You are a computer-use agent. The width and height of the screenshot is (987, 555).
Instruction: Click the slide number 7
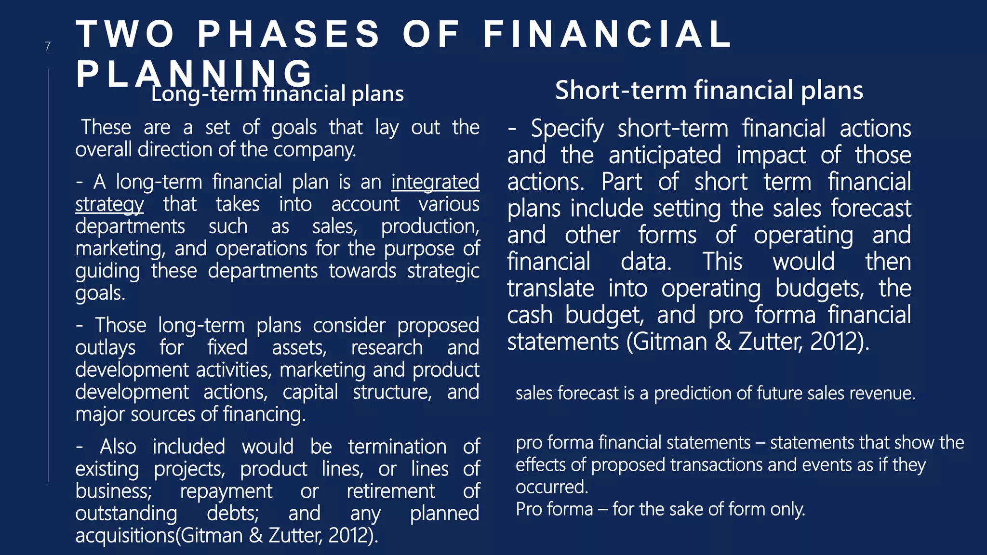48,46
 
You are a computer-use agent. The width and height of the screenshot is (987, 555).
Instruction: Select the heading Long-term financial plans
277,94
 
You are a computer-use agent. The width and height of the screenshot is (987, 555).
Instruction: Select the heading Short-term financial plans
709,90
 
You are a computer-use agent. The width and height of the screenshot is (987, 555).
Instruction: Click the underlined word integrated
435,182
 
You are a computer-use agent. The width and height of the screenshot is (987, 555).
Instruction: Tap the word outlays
106,348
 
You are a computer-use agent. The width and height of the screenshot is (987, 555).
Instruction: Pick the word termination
397,447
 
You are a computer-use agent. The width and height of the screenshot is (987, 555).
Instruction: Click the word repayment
226,491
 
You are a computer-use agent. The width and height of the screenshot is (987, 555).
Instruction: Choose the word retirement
391,491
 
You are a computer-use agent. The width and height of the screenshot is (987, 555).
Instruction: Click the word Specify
567,129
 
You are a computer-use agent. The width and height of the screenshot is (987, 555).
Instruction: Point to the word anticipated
665,156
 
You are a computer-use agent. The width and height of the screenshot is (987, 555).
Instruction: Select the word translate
550,289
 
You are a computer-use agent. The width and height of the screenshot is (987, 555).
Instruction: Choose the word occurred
551,487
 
